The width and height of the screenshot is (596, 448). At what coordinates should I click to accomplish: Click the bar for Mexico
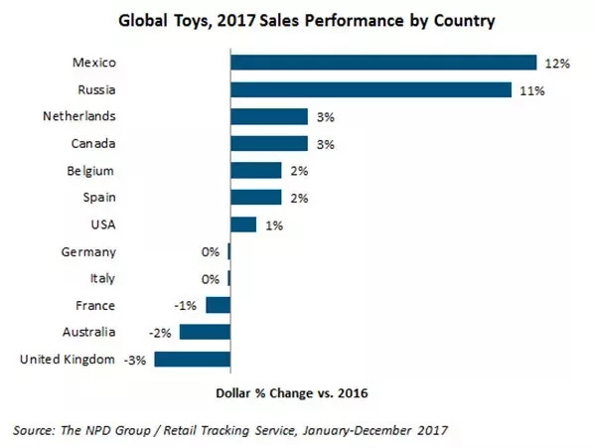tap(383, 63)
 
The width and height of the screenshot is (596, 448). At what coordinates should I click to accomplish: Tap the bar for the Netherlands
tap(268, 116)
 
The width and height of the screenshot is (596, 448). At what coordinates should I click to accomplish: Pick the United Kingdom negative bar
tap(193, 359)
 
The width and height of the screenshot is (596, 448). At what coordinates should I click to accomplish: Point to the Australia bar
tap(206, 332)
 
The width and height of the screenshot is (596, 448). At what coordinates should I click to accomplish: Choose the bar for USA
tap(243, 224)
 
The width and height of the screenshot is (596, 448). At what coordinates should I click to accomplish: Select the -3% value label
tap(136, 360)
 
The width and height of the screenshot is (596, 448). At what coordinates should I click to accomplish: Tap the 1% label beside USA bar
tap(274, 225)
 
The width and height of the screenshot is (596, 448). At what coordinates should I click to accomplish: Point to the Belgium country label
tap(91, 171)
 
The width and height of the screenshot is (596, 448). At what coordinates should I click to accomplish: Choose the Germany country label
tap(88, 252)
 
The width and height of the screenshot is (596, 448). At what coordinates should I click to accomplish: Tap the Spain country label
tap(97, 198)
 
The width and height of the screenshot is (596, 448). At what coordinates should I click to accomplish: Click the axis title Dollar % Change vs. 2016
tap(292, 393)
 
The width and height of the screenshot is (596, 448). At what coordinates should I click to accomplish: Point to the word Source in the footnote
tap(38, 430)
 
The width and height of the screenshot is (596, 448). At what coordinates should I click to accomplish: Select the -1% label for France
tap(187, 306)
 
